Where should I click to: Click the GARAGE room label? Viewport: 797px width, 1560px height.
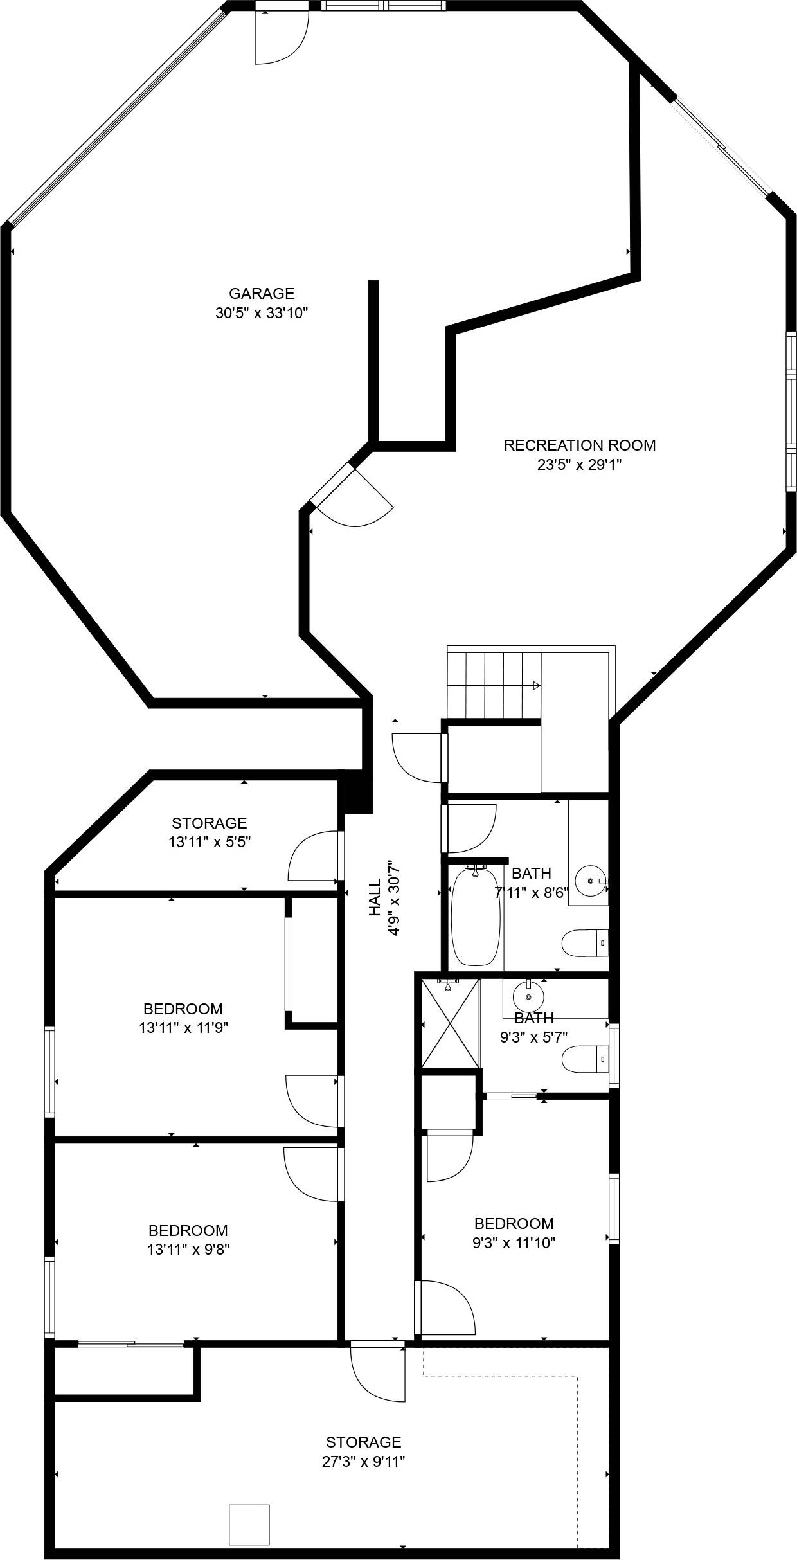pos(262,294)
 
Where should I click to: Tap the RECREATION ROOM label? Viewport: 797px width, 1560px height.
pos(579,445)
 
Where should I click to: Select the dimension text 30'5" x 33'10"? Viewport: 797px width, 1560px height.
pos(262,314)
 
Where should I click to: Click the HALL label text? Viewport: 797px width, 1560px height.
pos(375,897)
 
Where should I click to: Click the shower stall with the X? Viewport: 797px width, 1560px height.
pos(450,1023)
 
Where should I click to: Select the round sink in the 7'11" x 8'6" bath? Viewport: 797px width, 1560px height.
pos(589,880)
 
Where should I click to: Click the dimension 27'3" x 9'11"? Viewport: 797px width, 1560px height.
pos(363,1462)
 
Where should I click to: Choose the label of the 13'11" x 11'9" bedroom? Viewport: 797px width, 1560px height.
pos(183,1009)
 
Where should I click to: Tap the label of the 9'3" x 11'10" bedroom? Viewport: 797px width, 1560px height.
pos(514,1223)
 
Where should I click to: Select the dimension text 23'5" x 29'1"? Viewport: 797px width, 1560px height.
pos(579,465)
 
